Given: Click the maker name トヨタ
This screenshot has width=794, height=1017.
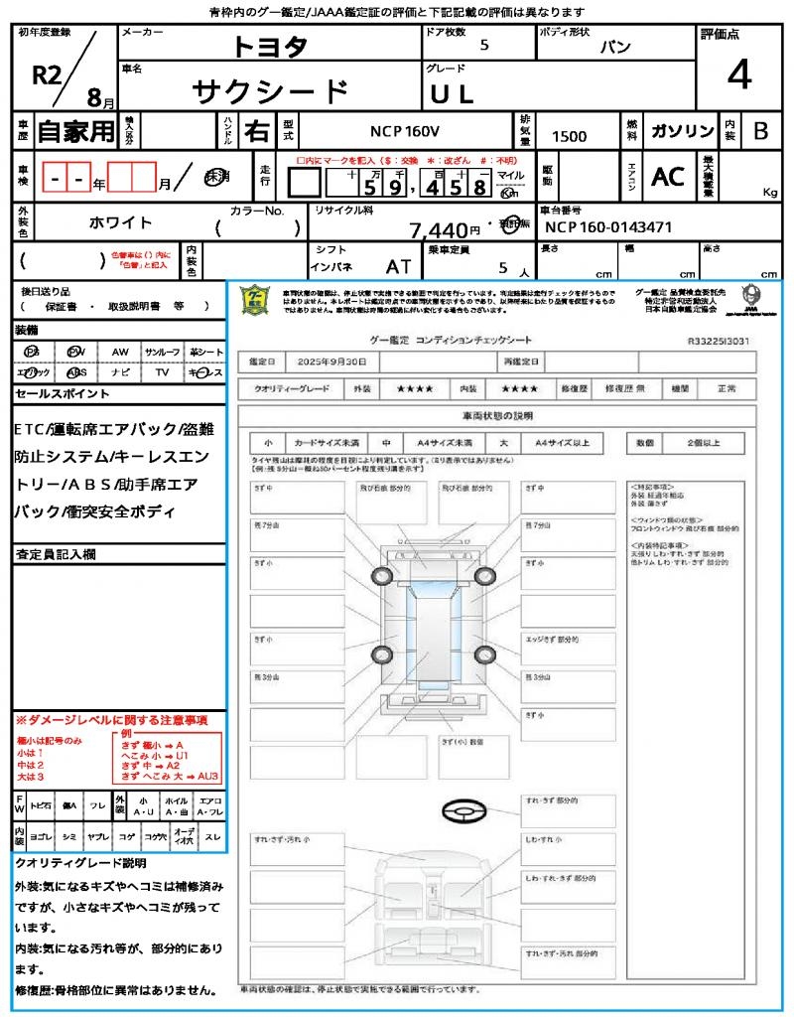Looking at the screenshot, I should pos(271,47).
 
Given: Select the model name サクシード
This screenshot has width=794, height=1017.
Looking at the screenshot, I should pos(270,92).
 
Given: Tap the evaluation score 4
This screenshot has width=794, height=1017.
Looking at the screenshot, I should pos(738,75).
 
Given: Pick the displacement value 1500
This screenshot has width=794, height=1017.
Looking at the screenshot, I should pos(569,136).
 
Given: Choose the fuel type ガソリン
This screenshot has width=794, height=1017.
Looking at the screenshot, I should pos(681,131).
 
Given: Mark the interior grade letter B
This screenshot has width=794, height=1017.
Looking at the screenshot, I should pos(760,131).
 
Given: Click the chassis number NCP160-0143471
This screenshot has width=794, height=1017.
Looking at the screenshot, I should pos(608,226).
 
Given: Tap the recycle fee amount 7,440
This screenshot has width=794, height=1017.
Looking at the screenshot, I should pos(438,230).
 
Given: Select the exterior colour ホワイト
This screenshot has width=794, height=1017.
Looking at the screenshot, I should pos(121,222).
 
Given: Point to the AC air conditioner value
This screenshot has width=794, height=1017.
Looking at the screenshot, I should pos(668,177).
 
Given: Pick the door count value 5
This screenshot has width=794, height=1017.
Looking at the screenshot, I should pos(483,46).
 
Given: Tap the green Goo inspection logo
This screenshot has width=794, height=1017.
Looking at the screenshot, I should pos(256,300).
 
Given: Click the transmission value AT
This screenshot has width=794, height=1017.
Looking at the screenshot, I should pos(399,267).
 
